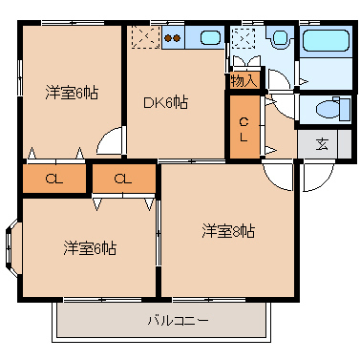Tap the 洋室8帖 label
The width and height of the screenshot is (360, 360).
pos(227,230)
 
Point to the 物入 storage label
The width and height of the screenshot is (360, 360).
pos(244,80)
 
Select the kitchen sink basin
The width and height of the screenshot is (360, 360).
pos(210,38)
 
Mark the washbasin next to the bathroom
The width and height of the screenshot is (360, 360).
pos(280,39)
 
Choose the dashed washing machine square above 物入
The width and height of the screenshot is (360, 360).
pos(244,39)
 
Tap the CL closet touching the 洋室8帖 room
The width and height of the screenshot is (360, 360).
pos(123,178)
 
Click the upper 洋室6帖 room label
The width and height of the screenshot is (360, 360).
pos(72,93)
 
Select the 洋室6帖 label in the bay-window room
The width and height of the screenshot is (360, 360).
pos(90,248)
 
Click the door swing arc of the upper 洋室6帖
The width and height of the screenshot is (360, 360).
pos(113,141)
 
